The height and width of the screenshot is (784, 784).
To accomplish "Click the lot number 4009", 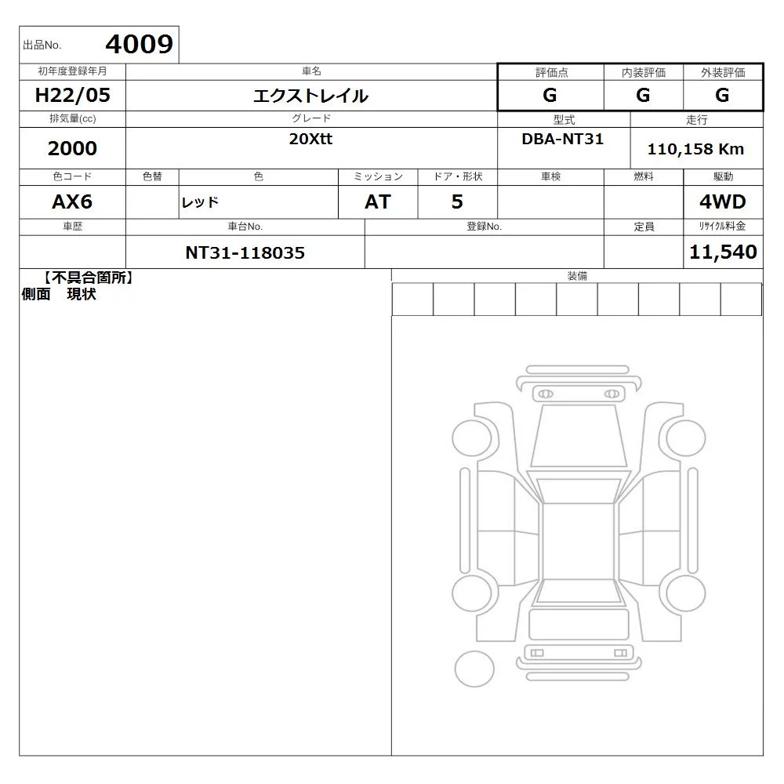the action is coord(139,45).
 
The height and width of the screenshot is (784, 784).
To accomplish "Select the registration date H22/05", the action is coord(72,95).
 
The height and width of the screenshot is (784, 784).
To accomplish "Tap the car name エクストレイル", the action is coord(310,96).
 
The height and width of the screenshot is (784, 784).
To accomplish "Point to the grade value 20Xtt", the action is coord(310,139).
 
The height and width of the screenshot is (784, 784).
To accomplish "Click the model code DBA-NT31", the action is coord(562,139).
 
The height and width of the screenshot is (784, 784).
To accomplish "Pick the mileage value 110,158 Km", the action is coord(695,149).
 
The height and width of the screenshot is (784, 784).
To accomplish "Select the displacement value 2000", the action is coord(72,148).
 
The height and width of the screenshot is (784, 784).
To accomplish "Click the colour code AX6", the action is coord(72,202).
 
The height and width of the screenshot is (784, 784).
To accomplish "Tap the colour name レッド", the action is coord(200,202).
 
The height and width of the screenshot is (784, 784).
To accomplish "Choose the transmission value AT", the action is coord(378,202).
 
